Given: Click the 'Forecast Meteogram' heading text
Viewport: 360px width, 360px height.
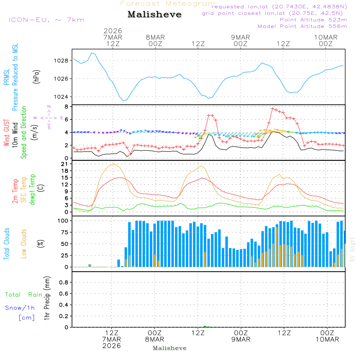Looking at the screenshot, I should click(168, 4).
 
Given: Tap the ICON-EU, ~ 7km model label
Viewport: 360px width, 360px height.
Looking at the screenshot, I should click(46, 19).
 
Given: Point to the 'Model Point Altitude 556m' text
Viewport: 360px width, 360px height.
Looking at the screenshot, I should click(302, 26).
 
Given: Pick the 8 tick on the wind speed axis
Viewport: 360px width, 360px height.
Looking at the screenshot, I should click(66, 107).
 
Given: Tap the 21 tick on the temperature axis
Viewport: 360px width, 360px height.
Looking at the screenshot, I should click(64, 164).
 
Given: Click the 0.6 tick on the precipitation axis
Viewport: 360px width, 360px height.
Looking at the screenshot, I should click(64, 294).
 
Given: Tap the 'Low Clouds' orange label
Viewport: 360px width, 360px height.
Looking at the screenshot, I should click(24, 244).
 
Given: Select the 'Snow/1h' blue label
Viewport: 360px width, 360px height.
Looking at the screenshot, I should click(20, 308).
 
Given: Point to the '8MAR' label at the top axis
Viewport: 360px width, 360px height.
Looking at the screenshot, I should click(155, 37).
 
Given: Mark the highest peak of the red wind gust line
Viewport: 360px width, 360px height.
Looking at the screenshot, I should click(273, 108).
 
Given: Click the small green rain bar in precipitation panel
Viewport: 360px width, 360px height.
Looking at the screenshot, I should click(205, 326).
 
